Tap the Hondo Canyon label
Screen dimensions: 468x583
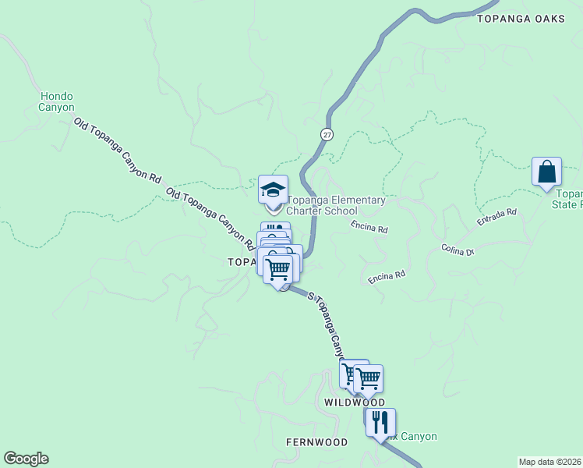(x=57, y=101)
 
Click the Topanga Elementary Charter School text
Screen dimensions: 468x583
(x=336, y=205)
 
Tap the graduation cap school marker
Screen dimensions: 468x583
(x=274, y=190)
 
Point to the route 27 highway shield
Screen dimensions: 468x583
(x=327, y=134)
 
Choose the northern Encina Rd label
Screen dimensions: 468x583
(x=369, y=227)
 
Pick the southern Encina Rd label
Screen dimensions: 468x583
(x=387, y=276)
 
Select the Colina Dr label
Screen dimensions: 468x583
(x=457, y=250)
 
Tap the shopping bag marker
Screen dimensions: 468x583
(x=546, y=171)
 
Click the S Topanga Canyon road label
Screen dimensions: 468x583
(x=326, y=322)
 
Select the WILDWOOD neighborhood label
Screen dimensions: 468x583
(x=355, y=402)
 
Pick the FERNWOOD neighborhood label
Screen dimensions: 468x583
(x=316, y=442)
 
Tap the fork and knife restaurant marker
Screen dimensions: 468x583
(x=380, y=422)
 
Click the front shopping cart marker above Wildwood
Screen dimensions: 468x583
(x=367, y=379)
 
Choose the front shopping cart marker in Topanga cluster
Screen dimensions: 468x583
(x=278, y=270)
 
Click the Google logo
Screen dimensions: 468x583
(x=26, y=459)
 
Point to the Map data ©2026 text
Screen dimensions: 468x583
(x=549, y=462)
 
